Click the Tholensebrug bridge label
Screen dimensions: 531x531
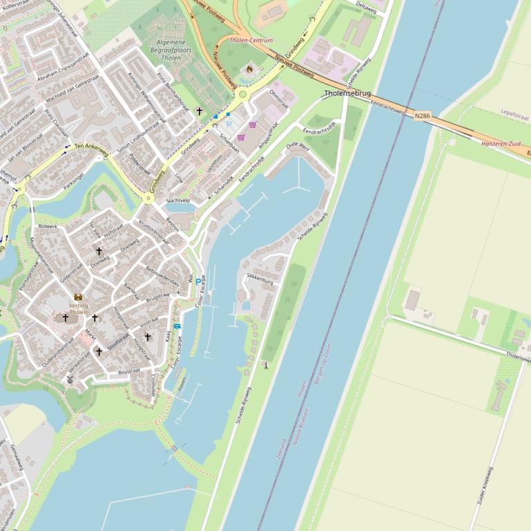(347, 94)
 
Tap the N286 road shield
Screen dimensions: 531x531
(423, 116)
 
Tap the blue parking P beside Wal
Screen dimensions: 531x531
(198, 281)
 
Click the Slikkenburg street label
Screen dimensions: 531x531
(260, 282)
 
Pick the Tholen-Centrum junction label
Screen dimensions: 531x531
(251, 41)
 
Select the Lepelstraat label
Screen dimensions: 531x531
(514, 110)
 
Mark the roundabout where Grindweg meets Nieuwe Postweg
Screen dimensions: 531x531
(242, 95)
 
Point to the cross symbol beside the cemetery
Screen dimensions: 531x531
(200, 111)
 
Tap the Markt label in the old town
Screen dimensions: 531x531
(90, 335)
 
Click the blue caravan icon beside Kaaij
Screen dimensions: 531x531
(177, 326)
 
